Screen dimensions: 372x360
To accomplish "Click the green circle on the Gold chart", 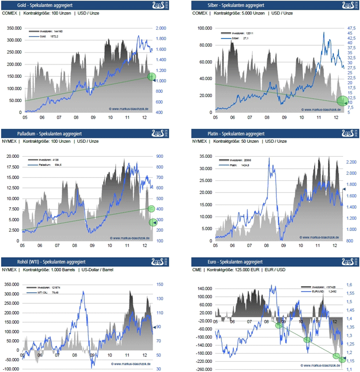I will (x=152, y=77).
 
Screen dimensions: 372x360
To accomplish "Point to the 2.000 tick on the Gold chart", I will (x=161, y=28).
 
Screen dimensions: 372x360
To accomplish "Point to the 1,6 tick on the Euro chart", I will (x=349, y=284).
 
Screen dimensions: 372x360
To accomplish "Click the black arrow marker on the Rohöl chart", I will (x=154, y=327).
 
